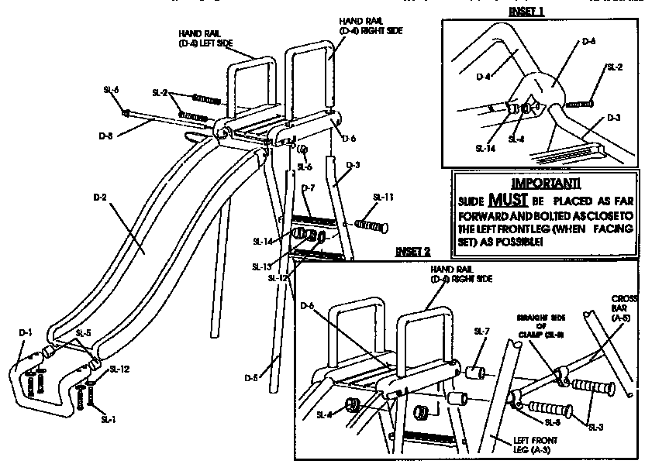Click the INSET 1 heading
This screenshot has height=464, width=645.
click(526, 12)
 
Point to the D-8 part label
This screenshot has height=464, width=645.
click(107, 136)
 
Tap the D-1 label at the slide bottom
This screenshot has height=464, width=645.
click(26, 332)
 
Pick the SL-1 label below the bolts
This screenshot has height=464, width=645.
click(109, 418)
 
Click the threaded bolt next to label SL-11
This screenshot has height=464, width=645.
click(371, 225)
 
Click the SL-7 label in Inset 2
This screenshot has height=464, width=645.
click(481, 330)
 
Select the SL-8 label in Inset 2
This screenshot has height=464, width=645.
click(552, 421)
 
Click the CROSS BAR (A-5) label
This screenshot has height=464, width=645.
click(624, 308)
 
